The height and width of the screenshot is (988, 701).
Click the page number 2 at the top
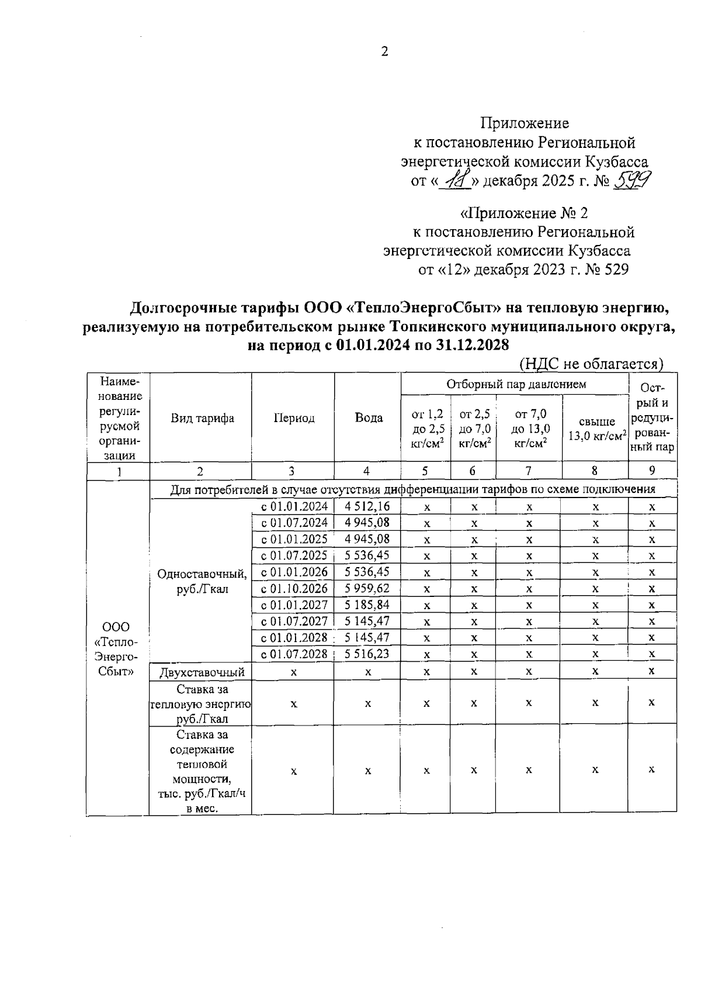pyautogui.click(x=384, y=52)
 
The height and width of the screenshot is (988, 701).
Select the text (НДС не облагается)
pyautogui.click(x=591, y=364)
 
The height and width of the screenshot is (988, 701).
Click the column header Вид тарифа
pyautogui.click(x=202, y=418)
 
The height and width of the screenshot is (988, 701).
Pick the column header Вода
pyautogui.click(x=369, y=418)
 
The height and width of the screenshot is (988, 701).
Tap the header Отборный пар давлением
pyautogui.click(x=516, y=384)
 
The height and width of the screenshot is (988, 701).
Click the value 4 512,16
pyautogui.click(x=367, y=506)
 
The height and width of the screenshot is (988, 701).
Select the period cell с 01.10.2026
pyautogui.click(x=294, y=588)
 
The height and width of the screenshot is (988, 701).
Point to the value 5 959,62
pyautogui.click(x=367, y=588)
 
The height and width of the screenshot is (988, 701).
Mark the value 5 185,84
pyautogui.click(x=367, y=604)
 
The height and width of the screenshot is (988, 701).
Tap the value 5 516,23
pyautogui.click(x=367, y=654)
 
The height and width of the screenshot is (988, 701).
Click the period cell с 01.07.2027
pyautogui.click(x=294, y=621)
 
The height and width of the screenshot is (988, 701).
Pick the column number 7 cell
pyautogui.click(x=529, y=471)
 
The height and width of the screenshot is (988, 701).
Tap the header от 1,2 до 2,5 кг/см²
pyautogui.click(x=427, y=429)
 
